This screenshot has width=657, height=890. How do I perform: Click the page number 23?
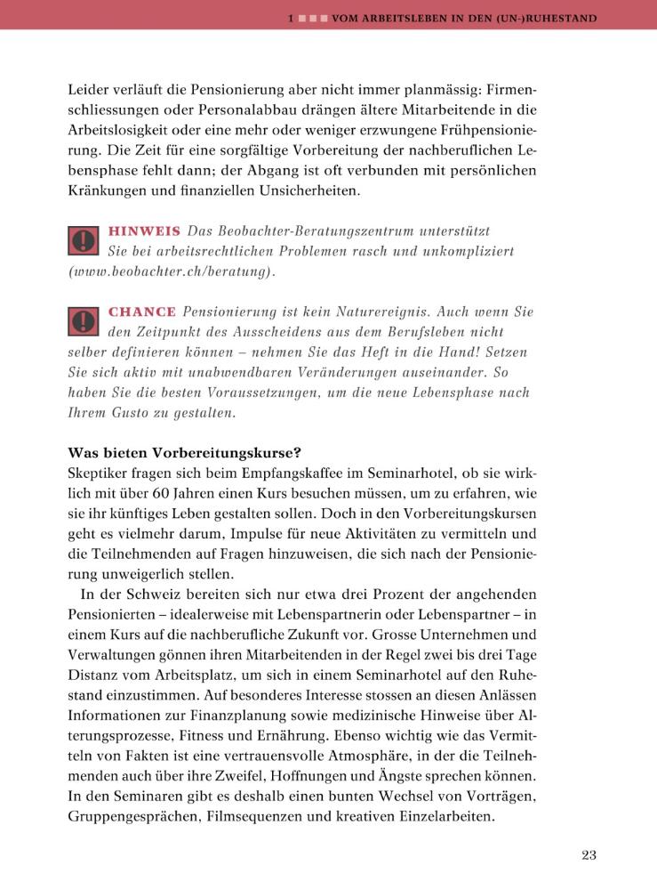589,855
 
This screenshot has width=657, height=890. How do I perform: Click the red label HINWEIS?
143,231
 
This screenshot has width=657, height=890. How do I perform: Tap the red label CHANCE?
140,312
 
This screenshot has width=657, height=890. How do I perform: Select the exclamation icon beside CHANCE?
83,322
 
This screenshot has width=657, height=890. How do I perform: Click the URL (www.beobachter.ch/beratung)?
171,271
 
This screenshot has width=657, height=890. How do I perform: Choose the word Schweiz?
167,593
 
